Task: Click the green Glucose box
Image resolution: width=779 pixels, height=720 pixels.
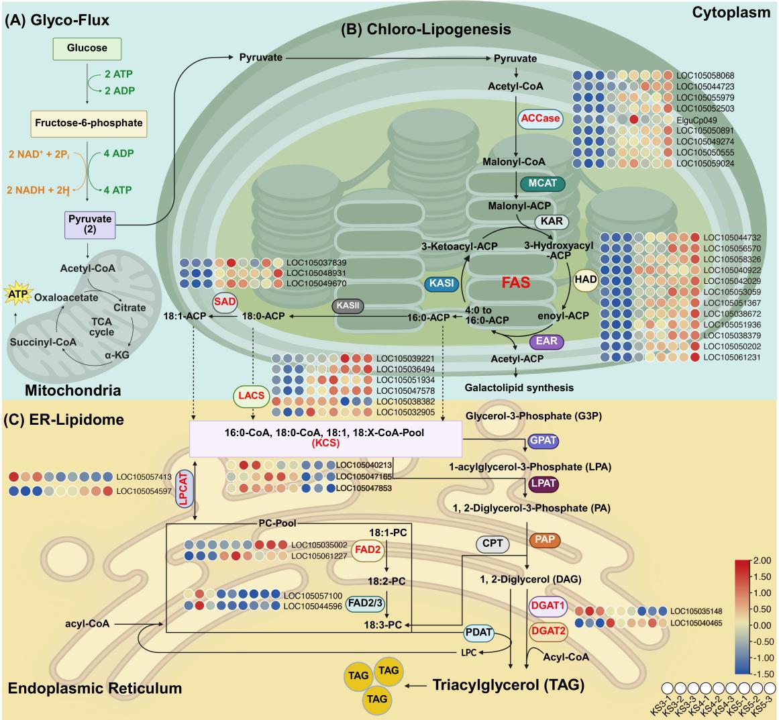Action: [x=87, y=48]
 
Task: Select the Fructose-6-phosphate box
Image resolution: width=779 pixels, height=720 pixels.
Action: [x=89, y=123]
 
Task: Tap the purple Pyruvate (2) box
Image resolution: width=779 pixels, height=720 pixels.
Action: [x=90, y=225]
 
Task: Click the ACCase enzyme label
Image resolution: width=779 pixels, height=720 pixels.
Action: [x=540, y=118]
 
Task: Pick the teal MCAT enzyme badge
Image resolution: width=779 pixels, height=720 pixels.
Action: [x=543, y=183]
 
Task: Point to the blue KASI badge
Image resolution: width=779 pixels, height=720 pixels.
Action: [x=442, y=283]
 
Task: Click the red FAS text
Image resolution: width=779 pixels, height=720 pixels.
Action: [x=516, y=282]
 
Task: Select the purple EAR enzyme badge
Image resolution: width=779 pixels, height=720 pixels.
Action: [x=546, y=342]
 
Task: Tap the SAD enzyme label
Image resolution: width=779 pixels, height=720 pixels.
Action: [x=225, y=302]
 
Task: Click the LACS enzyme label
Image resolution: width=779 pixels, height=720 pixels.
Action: [x=252, y=395]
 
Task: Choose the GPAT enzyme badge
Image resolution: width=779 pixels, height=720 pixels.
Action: [x=543, y=441]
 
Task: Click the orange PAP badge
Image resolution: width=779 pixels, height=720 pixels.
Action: [x=545, y=539]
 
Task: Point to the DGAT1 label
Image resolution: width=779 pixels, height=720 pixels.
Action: [x=548, y=606]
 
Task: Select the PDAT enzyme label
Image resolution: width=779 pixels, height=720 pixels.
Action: [x=479, y=633]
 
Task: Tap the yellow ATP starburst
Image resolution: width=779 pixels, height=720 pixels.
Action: [x=18, y=295]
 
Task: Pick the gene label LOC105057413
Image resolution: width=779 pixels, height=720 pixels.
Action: [x=144, y=477]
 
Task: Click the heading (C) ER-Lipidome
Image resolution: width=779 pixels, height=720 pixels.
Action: [x=64, y=419]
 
